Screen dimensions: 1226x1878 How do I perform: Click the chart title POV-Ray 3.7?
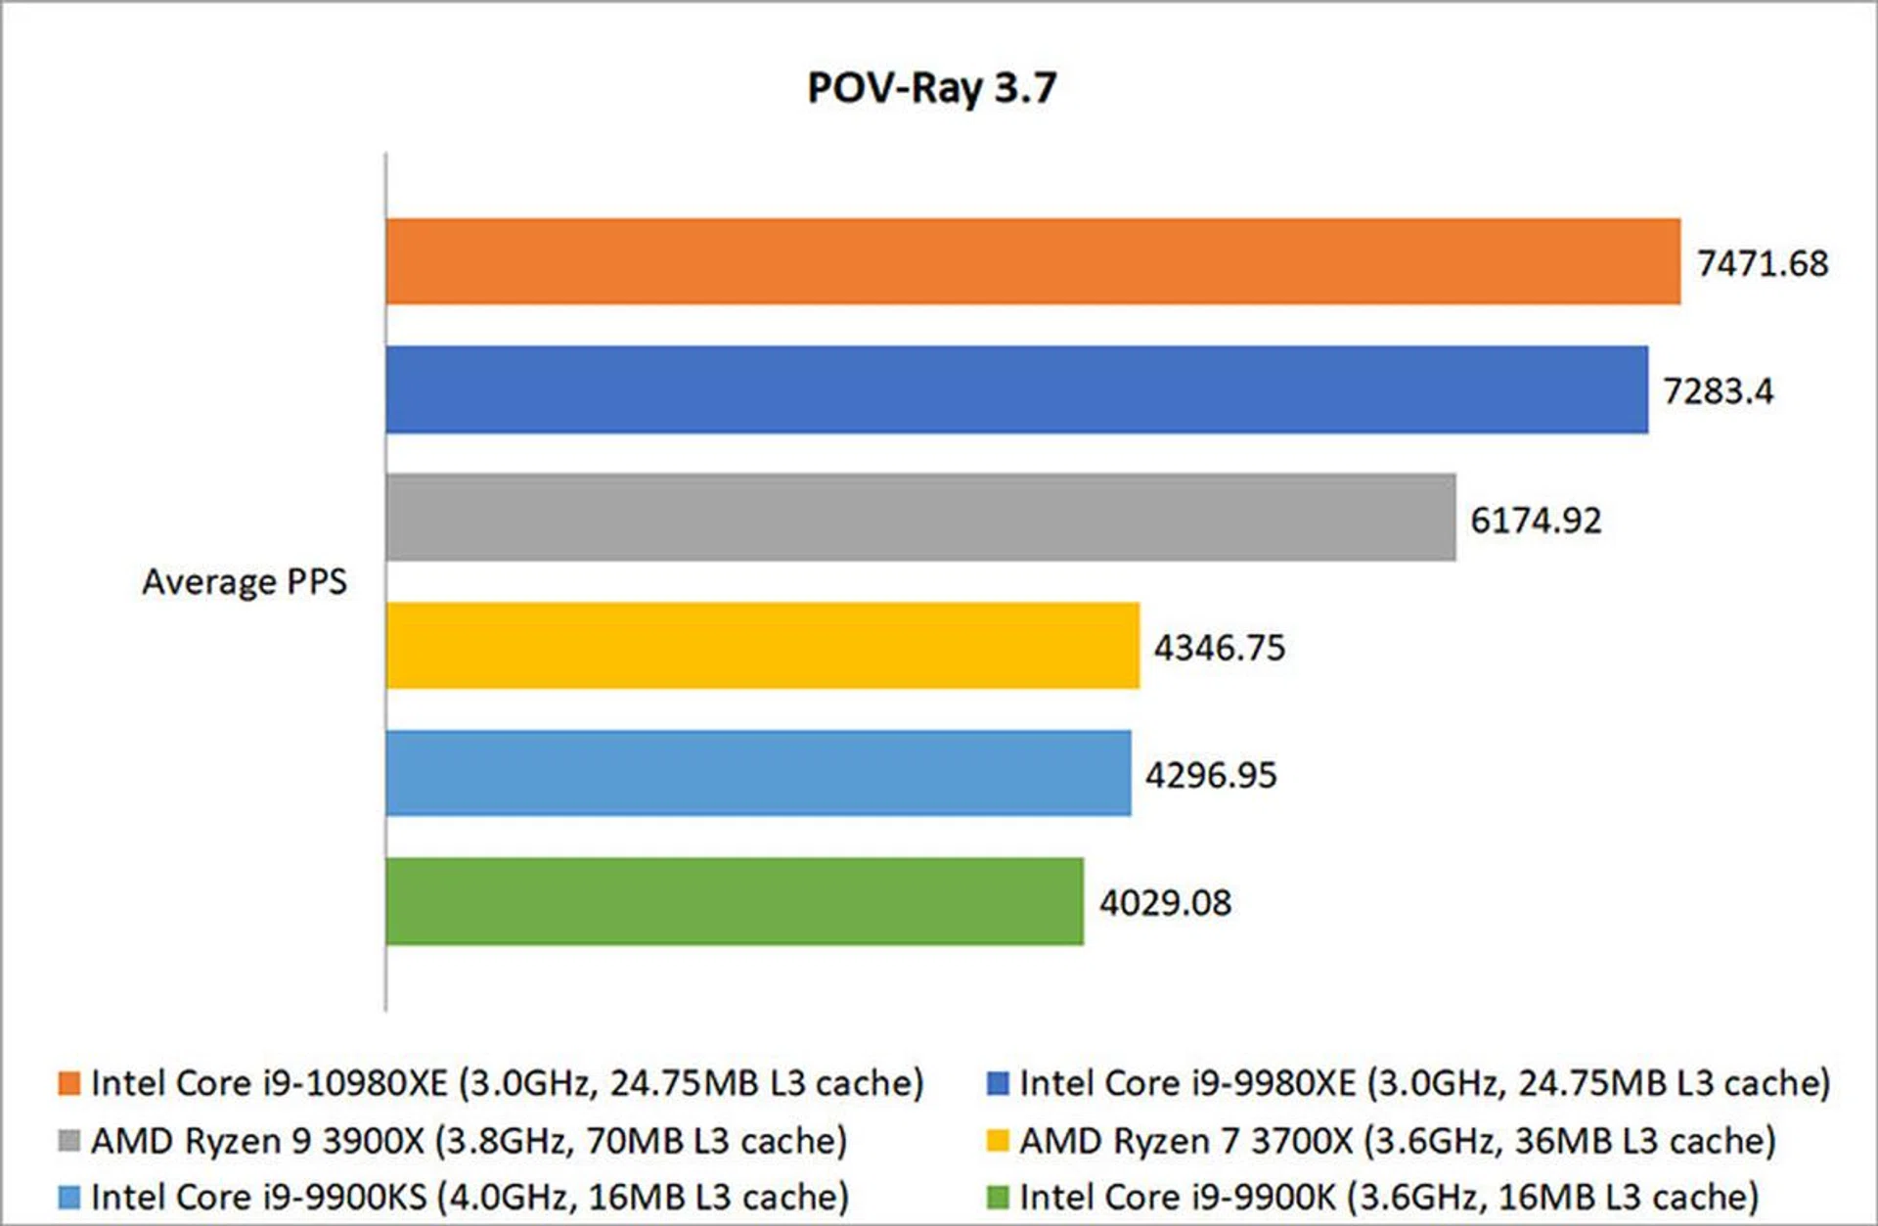point(931,88)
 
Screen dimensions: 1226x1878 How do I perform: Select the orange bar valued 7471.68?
point(1033,261)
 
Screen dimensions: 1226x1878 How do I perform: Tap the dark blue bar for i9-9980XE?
point(1016,389)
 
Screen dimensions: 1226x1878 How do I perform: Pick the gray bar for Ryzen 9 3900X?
point(920,518)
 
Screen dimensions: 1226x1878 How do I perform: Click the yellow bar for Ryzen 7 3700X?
point(762,646)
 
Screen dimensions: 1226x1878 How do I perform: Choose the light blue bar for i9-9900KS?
point(758,773)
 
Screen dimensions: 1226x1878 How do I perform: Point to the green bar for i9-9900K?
point(735,901)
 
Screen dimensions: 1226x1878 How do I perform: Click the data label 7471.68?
point(1762,263)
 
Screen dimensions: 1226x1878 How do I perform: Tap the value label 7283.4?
point(1718,391)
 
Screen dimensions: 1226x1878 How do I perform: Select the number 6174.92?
point(1536,520)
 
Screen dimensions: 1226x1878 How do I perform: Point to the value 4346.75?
point(1219,648)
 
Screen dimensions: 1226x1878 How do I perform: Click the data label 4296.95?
point(1211,775)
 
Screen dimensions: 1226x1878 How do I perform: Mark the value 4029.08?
point(1165,902)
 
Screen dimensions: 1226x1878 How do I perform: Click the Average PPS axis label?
point(245,582)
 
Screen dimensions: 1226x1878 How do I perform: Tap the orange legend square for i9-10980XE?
point(68,1083)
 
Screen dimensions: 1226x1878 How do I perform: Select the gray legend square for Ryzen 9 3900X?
point(68,1141)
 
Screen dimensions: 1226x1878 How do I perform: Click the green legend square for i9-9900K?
point(998,1197)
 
